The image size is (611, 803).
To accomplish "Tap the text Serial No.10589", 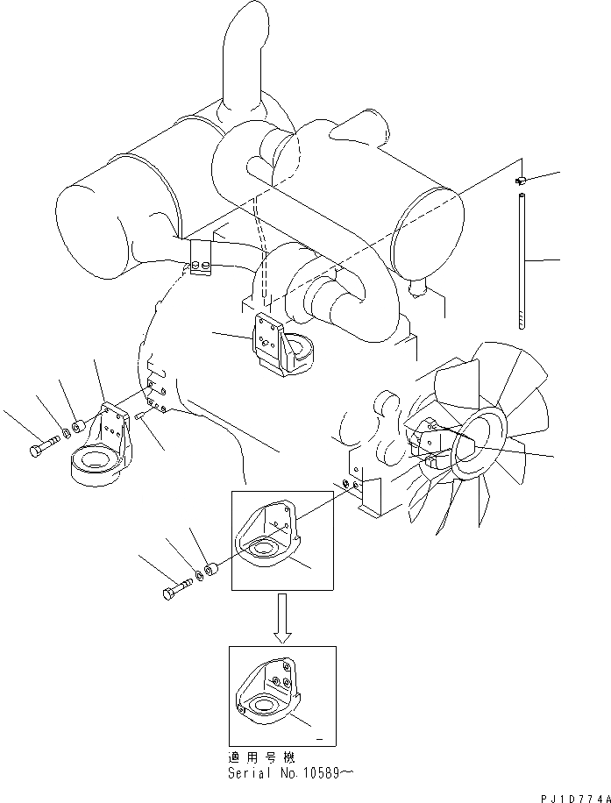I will (x=290, y=773).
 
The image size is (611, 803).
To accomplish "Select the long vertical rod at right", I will (x=521, y=262).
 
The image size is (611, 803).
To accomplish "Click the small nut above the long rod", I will (x=520, y=181).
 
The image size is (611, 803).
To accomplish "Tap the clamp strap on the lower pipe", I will (x=202, y=256).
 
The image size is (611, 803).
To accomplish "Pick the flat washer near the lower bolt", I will (x=200, y=575).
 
